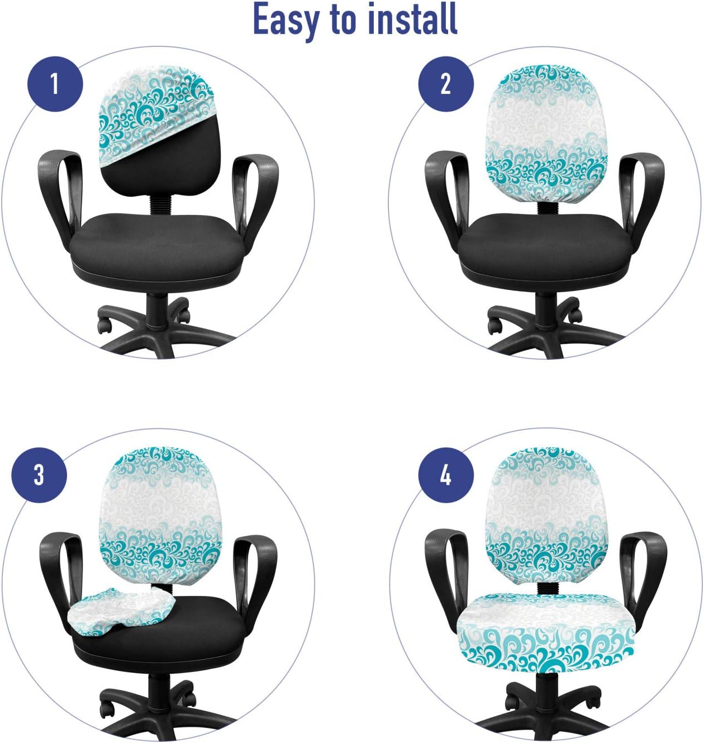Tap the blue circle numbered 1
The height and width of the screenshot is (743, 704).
point(55,84)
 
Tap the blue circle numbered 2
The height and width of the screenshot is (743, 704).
point(445,84)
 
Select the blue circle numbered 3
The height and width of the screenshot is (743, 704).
point(39,475)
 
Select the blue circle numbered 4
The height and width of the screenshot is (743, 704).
point(445,475)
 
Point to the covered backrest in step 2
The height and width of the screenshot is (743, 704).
point(545,134)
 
